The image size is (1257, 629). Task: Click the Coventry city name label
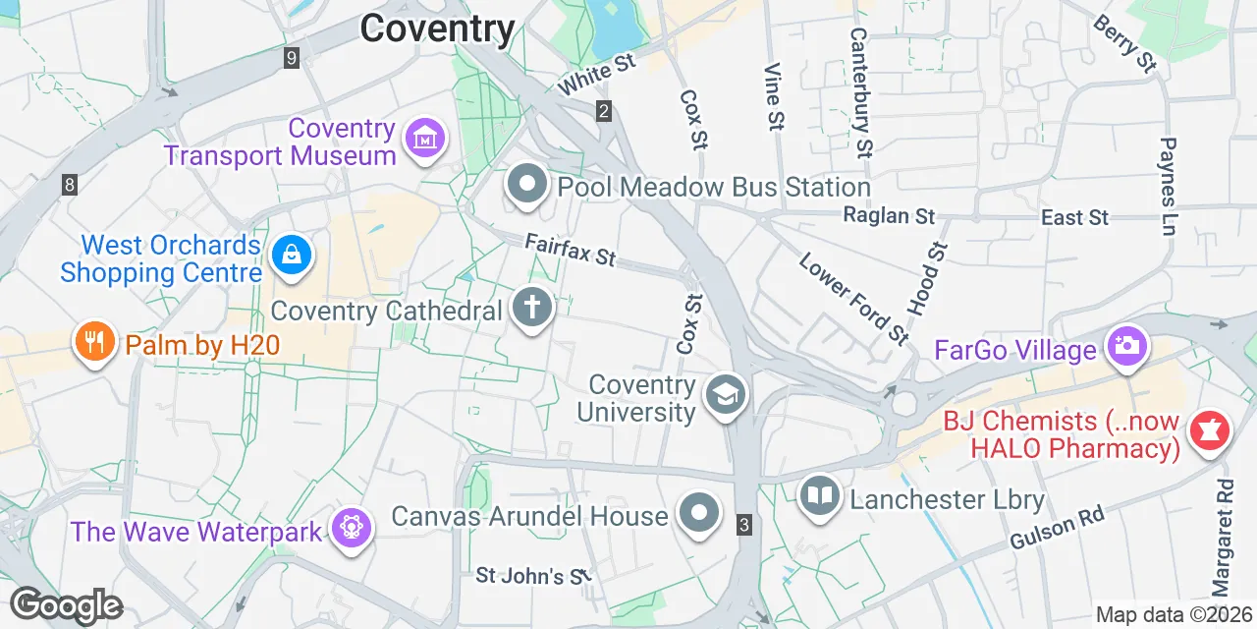(x=437, y=29)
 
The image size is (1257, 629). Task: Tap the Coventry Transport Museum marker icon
(x=423, y=140)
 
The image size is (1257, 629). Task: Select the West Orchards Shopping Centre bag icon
(x=292, y=256)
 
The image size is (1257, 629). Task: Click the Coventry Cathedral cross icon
(x=532, y=308)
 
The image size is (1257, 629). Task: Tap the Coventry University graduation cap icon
(x=726, y=396)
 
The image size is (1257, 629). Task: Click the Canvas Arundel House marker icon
(x=699, y=513)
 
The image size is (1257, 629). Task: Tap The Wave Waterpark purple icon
(x=350, y=529)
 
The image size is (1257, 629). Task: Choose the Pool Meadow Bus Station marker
(x=527, y=184)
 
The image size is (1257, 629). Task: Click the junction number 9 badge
(x=291, y=58)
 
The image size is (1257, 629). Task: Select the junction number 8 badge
(x=69, y=184)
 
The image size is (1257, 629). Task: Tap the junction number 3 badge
(x=744, y=525)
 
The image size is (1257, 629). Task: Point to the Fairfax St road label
(x=571, y=250)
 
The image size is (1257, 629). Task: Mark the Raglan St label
(x=889, y=215)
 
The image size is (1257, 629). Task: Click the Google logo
(x=66, y=605)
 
